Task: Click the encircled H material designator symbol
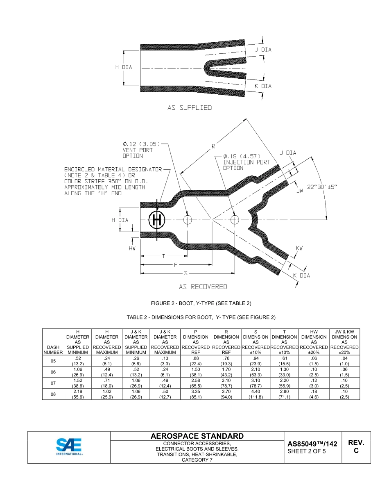(x=156, y=220)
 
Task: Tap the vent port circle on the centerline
(x=188, y=220)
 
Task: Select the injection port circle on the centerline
(x=235, y=220)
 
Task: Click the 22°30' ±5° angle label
(x=321, y=187)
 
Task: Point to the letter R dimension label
(x=213, y=146)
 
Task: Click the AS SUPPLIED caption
(x=190, y=108)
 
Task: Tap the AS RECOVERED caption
(x=203, y=287)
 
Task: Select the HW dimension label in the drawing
(x=132, y=248)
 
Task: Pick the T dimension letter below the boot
(x=163, y=256)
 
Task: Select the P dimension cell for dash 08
(x=196, y=394)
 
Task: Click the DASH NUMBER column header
(x=53, y=349)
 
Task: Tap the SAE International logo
(x=69, y=447)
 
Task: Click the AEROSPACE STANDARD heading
(x=197, y=436)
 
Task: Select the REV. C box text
(x=356, y=447)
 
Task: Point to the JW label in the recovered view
(x=300, y=191)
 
